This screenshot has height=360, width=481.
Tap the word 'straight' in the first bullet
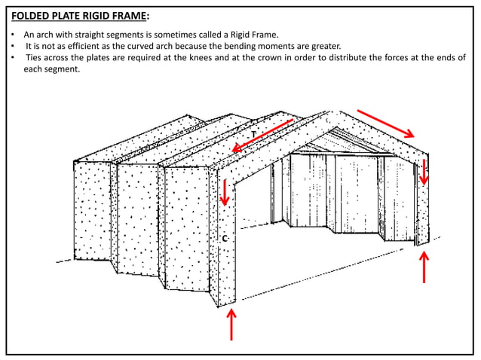(96, 35)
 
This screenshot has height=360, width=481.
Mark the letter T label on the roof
(253, 134)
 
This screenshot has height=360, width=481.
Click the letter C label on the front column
(225, 239)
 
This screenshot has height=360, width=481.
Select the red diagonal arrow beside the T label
(262, 136)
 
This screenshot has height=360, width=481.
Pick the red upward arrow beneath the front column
(231, 325)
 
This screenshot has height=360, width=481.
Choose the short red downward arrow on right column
(424, 171)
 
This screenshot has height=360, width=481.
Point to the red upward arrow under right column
(424, 267)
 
